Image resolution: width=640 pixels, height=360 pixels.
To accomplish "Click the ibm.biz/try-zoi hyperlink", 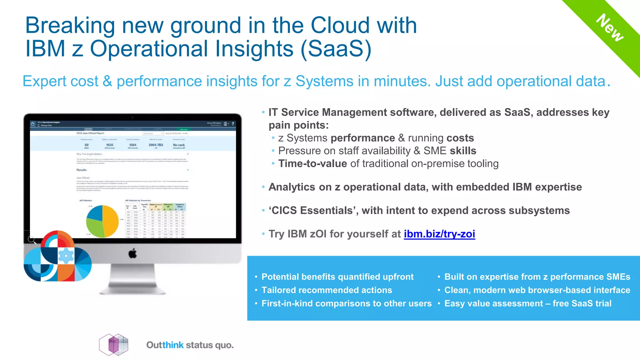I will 439,234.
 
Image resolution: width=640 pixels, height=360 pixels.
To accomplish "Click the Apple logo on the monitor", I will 132,253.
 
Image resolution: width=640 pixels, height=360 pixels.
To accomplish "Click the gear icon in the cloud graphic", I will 66,256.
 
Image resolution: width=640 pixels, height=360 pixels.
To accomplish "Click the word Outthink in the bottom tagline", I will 165,345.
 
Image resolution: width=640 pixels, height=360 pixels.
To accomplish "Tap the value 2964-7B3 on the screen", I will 156,145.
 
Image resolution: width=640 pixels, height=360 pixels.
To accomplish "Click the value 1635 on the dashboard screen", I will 110,145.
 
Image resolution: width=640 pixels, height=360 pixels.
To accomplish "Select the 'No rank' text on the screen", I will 179,145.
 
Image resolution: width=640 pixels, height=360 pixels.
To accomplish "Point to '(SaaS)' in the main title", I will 336,49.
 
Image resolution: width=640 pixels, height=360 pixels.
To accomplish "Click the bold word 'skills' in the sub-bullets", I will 463,151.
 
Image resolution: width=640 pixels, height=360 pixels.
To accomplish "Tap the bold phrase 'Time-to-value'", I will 312,163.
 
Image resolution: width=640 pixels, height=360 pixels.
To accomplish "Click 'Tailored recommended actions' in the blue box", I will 327,290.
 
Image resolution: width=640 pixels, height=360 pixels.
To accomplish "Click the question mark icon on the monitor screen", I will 233,124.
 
